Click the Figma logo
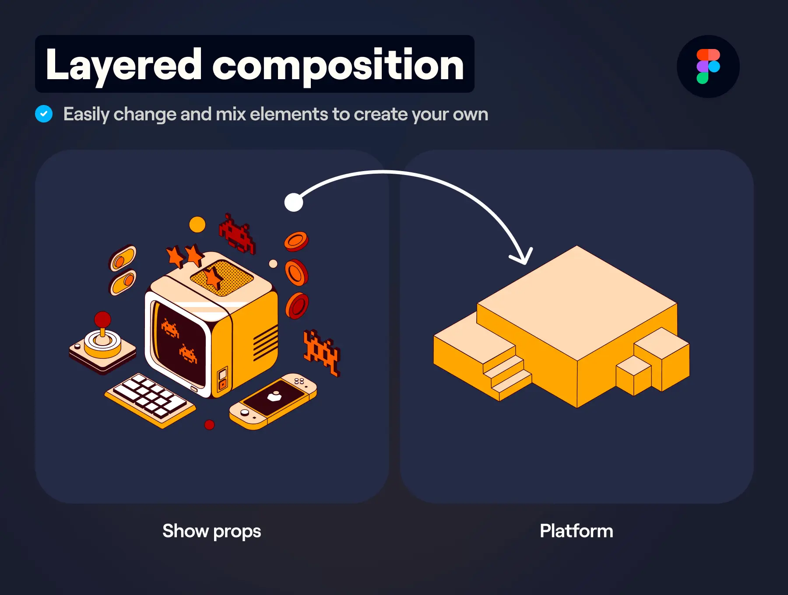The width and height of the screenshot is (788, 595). pos(708,66)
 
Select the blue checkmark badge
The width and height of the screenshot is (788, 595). pos(44,114)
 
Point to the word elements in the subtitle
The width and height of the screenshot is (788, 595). pos(289,114)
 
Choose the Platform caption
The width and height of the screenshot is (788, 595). pos(577,531)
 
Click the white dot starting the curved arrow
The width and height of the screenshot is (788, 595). pos(294,202)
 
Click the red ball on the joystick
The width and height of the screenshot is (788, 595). pos(102,319)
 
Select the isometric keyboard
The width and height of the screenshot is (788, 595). pos(150,400)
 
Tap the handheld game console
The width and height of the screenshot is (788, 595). pos(273,401)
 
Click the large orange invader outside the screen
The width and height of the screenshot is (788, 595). pos(322,353)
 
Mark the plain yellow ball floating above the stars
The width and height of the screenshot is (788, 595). pos(197,224)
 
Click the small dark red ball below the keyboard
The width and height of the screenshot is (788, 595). pos(210,424)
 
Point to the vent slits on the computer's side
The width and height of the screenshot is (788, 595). pos(266,343)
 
